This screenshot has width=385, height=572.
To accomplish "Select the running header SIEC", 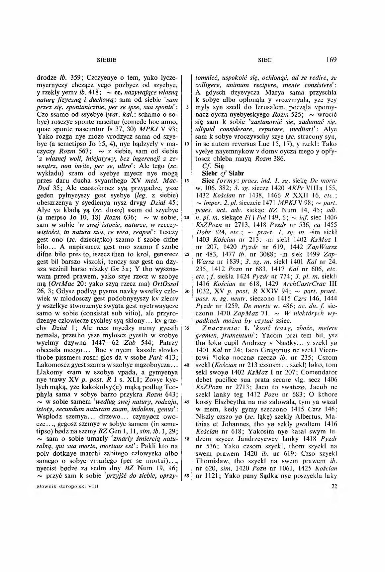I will pyautogui.click(x=264, y=60).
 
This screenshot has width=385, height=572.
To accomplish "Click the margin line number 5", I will pyautogui.click(x=188, y=107).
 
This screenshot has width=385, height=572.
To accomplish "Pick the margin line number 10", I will pyautogui.click(x=187, y=144).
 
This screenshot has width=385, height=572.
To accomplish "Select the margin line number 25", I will pyautogui.click(x=187, y=254).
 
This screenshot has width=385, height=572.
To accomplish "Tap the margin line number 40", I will pyautogui.click(x=187, y=365).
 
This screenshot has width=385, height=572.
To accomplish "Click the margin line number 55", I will pyautogui.click(x=187, y=475).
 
